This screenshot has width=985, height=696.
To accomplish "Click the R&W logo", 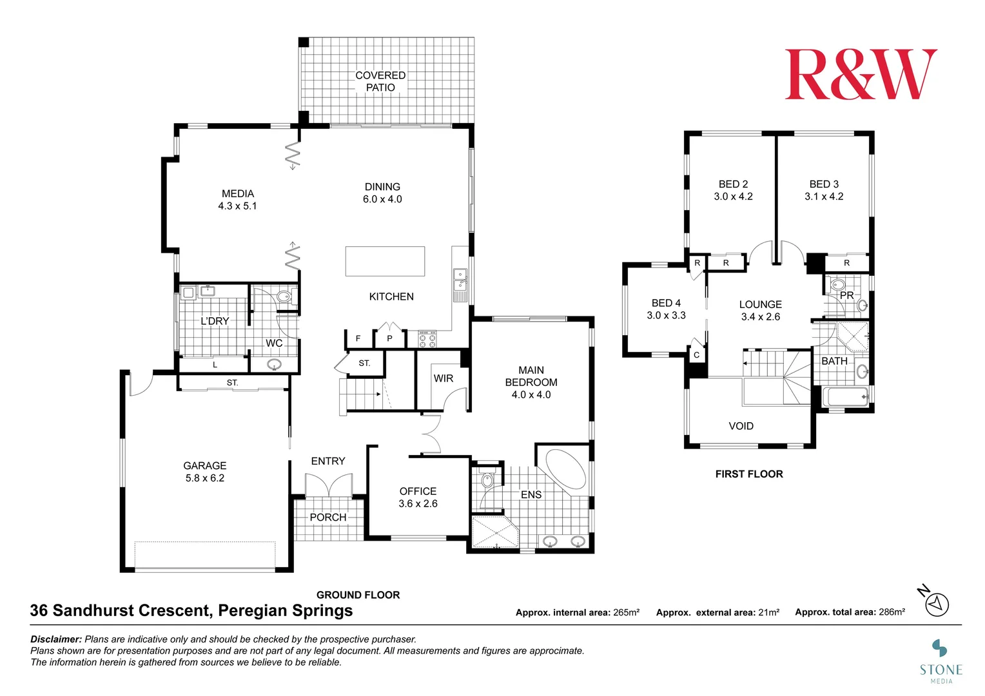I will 861,75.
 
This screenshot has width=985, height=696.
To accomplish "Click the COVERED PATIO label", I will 380,81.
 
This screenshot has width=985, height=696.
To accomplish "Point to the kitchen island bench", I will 385,261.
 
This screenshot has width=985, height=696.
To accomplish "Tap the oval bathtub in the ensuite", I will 566,469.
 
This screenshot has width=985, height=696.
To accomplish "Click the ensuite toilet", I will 487,481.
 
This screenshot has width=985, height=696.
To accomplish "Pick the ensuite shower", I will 494,532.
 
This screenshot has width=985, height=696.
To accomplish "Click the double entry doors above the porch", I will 329,485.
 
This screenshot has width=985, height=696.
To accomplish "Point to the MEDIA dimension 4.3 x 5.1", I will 237,206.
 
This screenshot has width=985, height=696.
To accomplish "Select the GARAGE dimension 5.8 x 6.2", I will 205,478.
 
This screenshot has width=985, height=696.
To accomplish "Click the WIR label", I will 443,378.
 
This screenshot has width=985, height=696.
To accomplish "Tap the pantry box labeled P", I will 389,338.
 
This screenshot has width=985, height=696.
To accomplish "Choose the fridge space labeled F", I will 358,338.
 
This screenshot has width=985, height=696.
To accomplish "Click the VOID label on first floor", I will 741,426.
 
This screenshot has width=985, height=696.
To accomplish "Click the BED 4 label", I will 666,303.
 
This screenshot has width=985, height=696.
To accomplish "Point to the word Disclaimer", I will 56,639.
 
